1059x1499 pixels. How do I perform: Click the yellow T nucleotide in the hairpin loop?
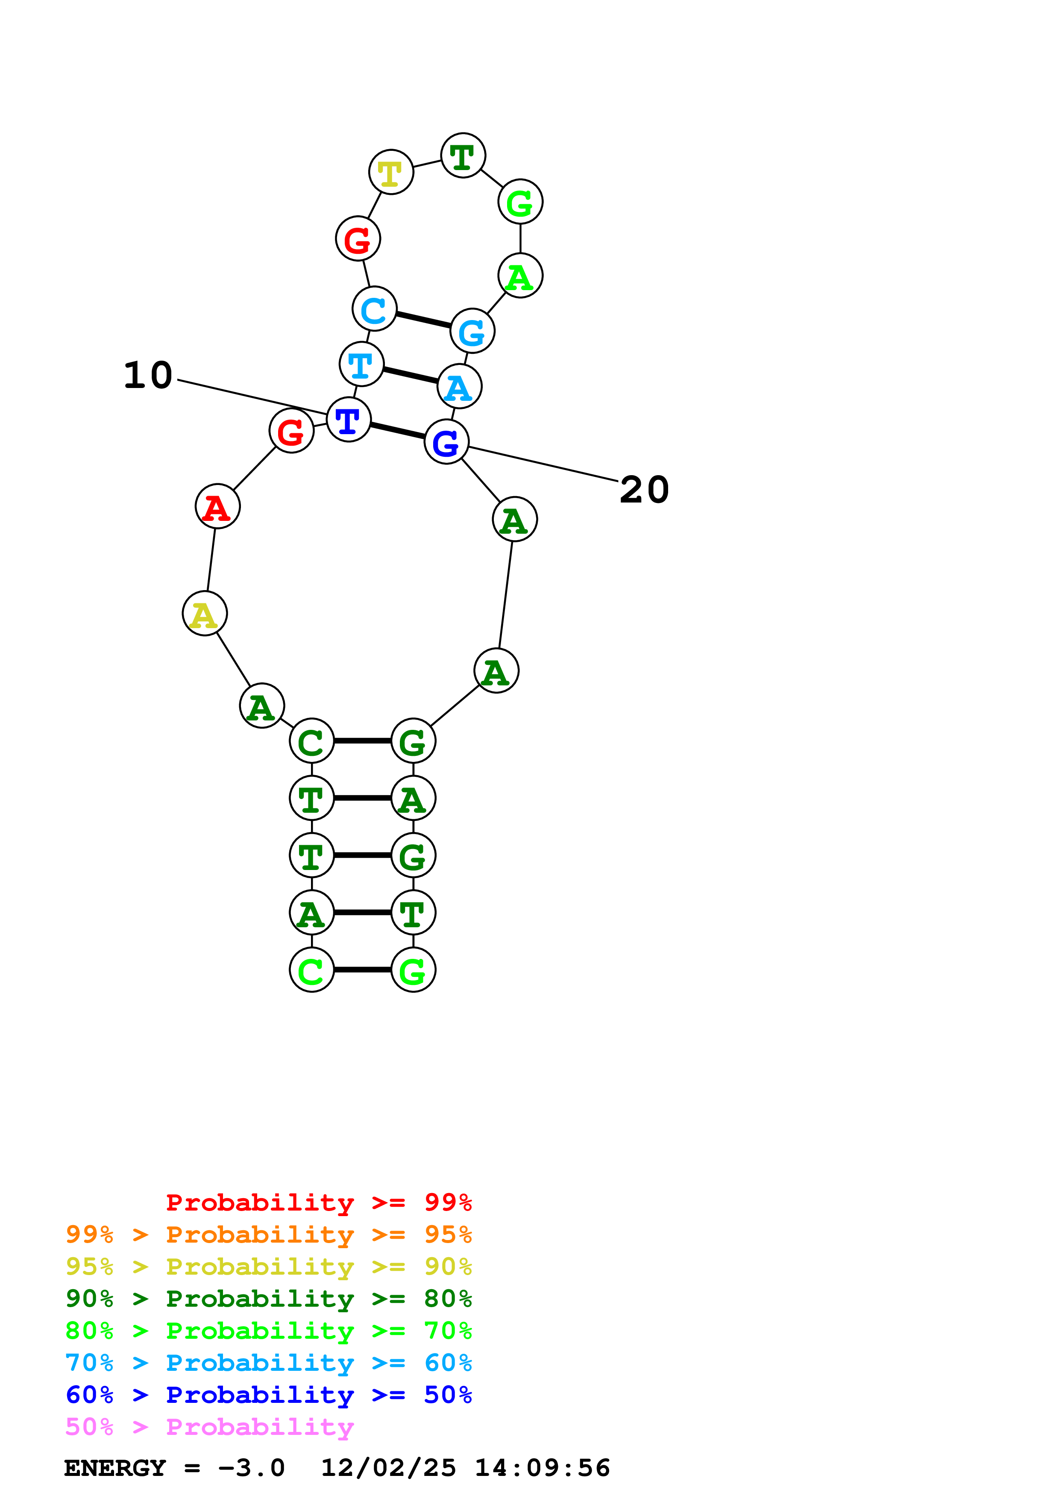click(x=391, y=172)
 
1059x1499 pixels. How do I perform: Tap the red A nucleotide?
click(x=218, y=507)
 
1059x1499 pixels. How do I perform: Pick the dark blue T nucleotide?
click(x=349, y=420)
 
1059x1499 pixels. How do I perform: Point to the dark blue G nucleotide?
click(x=446, y=442)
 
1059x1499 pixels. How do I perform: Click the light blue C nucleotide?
click(x=374, y=309)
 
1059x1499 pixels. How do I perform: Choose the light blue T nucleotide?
click(x=361, y=364)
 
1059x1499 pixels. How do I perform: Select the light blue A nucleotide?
click(x=459, y=387)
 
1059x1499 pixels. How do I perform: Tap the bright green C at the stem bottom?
click(x=312, y=970)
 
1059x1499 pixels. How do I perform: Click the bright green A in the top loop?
click(x=520, y=276)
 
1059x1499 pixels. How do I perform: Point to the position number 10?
click(x=148, y=376)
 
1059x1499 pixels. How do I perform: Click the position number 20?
click(x=644, y=490)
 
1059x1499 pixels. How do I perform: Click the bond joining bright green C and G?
click(x=362, y=970)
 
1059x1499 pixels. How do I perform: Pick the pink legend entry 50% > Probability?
click(x=209, y=1427)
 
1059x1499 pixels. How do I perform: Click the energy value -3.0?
click(x=251, y=1468)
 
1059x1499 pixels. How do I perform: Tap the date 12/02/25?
click(x=388, y=1468)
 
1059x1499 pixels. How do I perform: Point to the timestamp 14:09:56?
click(x=542, y=1468)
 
